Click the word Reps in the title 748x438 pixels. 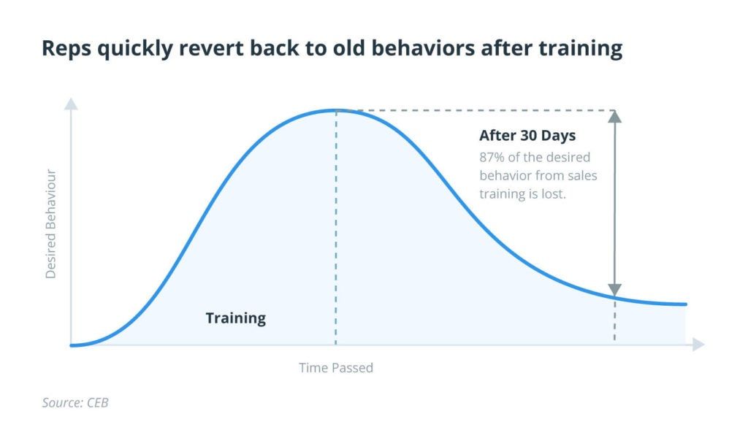[66, 49]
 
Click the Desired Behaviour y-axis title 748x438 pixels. [51, 223]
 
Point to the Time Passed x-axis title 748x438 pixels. [336, 368]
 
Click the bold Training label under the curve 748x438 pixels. [235, 318]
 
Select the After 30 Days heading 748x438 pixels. [527, 136]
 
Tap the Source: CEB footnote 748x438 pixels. [75, 402]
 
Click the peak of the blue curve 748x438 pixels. [336, 110]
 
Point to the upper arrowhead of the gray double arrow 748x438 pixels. [614, 116]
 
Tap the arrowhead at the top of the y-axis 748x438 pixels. [71, 104]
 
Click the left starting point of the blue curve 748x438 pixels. [72, 345]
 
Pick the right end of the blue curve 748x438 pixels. [686, 304]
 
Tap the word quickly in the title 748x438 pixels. [129, 49]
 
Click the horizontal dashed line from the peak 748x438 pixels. [475, 111]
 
